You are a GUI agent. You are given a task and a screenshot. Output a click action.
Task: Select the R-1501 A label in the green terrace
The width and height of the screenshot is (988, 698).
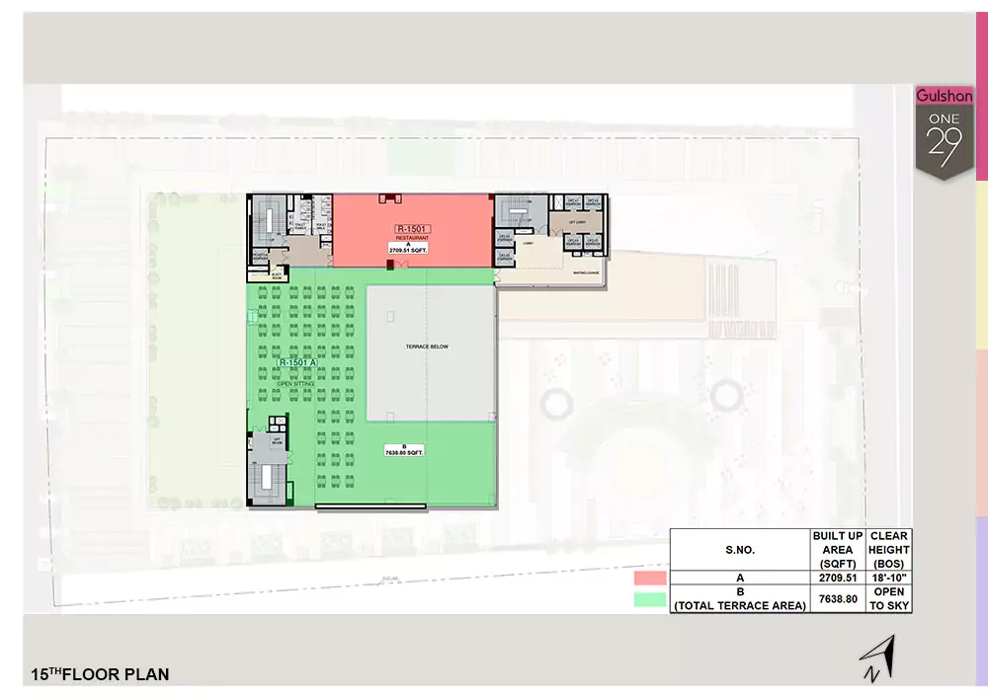pos(297,362)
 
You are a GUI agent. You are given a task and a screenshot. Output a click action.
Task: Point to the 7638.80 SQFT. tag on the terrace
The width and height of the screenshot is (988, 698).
pos(404,452)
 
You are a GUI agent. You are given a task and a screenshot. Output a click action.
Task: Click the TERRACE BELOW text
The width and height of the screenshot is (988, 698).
pos(427,347)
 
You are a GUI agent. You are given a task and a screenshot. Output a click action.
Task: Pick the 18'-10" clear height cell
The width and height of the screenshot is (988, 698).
pos(888,579)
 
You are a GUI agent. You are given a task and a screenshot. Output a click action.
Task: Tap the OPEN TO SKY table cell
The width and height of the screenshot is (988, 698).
pos(888,598)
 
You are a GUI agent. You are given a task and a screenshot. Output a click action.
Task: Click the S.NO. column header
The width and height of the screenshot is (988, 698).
pos(739,550)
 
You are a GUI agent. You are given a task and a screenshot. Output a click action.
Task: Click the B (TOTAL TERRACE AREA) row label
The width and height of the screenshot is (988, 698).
pos(739,599)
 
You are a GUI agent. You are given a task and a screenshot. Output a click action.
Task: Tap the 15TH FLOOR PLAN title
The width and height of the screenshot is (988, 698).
pos(100,674)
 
